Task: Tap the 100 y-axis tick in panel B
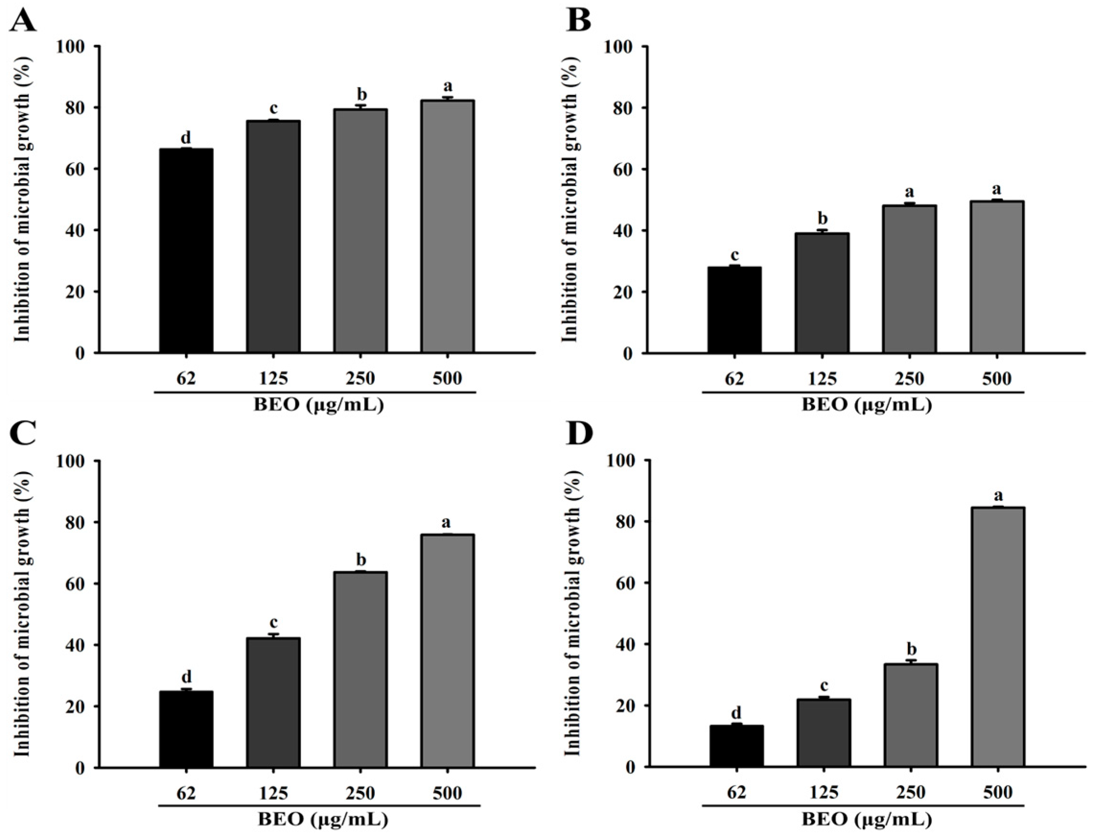[619, 46]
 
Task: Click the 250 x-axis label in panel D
[911, 792]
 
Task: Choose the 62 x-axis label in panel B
[735, 379]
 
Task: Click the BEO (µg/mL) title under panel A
[319, 405]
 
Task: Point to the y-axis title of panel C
[22, 614]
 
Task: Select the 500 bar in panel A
[447, 227]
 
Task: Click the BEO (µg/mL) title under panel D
[867, 819]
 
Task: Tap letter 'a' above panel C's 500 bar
[446, 523]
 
